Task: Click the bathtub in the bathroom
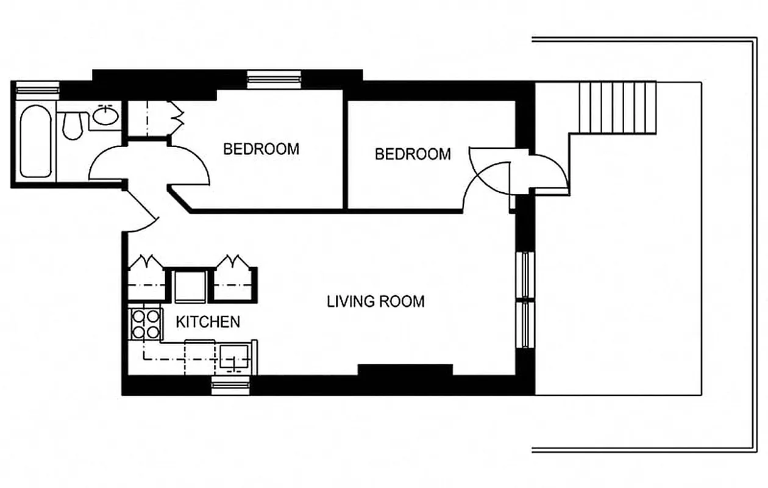(35, 141)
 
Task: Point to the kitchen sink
(234, 357)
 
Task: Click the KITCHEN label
(208, 321)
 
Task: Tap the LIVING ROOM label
(375, 301)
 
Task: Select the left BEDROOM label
(261, 149)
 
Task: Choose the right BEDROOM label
(413, 154)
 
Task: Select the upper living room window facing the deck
(524, 274)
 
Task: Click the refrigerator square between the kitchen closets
(190, 285)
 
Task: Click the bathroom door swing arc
(108, 165)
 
